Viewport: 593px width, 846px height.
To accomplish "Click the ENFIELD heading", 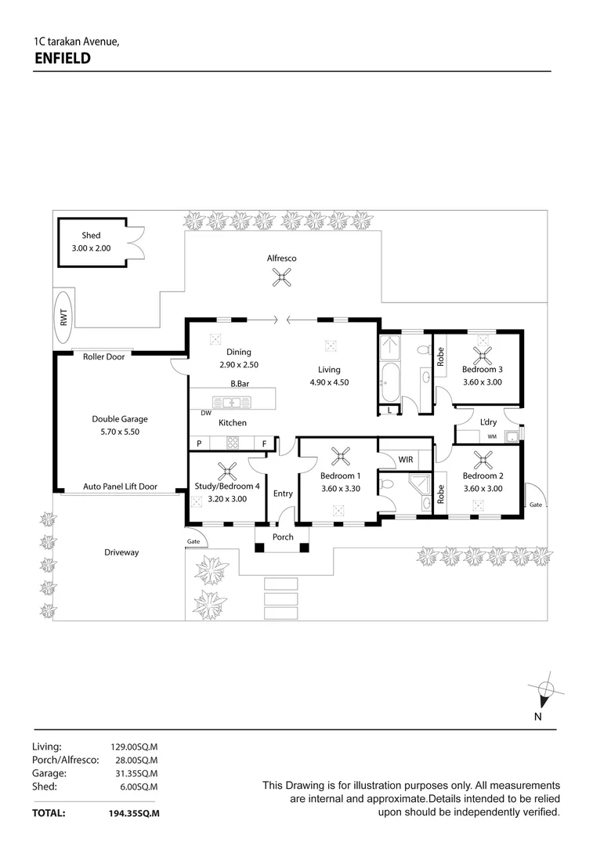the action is [63, 58].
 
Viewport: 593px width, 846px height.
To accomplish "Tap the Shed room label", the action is [91, 235].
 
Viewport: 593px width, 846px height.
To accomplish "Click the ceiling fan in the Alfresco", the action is [281, 276].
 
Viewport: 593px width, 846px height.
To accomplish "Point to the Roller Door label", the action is [104, 357].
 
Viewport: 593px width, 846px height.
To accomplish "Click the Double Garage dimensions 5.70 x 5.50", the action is [119, 432].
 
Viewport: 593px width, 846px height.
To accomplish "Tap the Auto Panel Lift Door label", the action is [120, 486].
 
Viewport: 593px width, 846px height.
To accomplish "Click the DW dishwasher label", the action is [206, 413].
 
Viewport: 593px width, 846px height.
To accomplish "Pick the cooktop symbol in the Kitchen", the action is [233, 443].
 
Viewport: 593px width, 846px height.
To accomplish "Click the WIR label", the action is [405, 460].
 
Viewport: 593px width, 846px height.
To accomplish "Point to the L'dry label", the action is [489, 423].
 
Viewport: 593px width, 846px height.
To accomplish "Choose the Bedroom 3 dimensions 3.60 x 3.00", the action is [482, 382].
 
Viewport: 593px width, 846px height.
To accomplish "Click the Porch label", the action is [283, 537].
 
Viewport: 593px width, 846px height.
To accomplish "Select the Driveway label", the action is [121, 552].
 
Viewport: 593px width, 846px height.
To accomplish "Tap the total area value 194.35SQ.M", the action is [134, 814].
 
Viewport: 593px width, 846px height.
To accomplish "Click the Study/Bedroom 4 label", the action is [226, 486].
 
